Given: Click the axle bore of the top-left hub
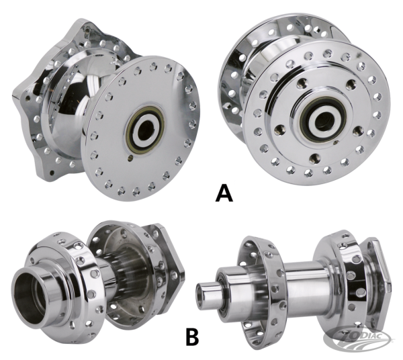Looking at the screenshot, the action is [x=146, y=131].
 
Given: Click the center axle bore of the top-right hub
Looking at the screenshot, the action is [x=323, y=122].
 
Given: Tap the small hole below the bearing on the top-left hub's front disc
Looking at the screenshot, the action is [x=130, y=159].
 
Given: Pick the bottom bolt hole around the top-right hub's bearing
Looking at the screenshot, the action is [x=314, y=158].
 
